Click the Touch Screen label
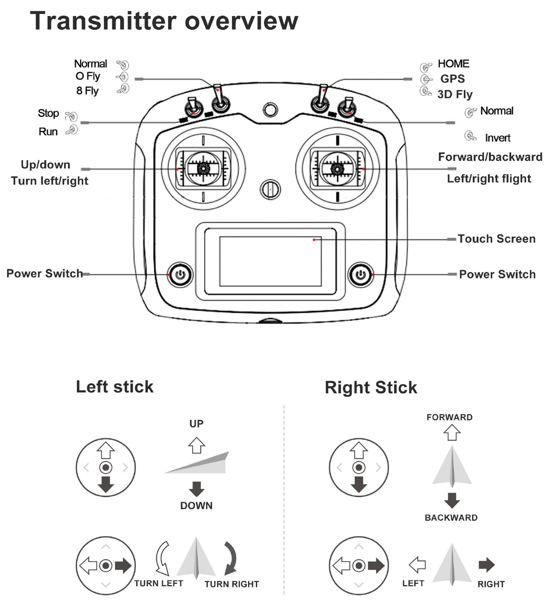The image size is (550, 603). tap(496, 239)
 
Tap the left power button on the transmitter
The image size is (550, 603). tap(180, 274)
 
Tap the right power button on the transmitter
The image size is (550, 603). tap(360, 274)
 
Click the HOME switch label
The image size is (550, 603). tap(453, 64)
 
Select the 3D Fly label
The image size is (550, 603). tap(455, 94)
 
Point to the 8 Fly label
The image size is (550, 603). tap(87, 91)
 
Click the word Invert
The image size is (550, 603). tap(497, 138)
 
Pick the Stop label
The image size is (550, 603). tap(48, 113)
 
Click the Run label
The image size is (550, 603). tap(48, 132)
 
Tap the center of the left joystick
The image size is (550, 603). tap(204, 168)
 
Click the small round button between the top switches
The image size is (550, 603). tap(270, 110)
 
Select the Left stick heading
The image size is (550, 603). tap(115, 387)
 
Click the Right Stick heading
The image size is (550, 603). tap(371, 388)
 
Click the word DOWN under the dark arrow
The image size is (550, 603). tap(196, 506)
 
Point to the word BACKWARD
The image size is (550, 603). tap(451, 518)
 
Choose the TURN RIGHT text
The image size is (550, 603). tap(231, 584)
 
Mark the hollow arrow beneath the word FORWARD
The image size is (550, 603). tap(452, 433)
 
